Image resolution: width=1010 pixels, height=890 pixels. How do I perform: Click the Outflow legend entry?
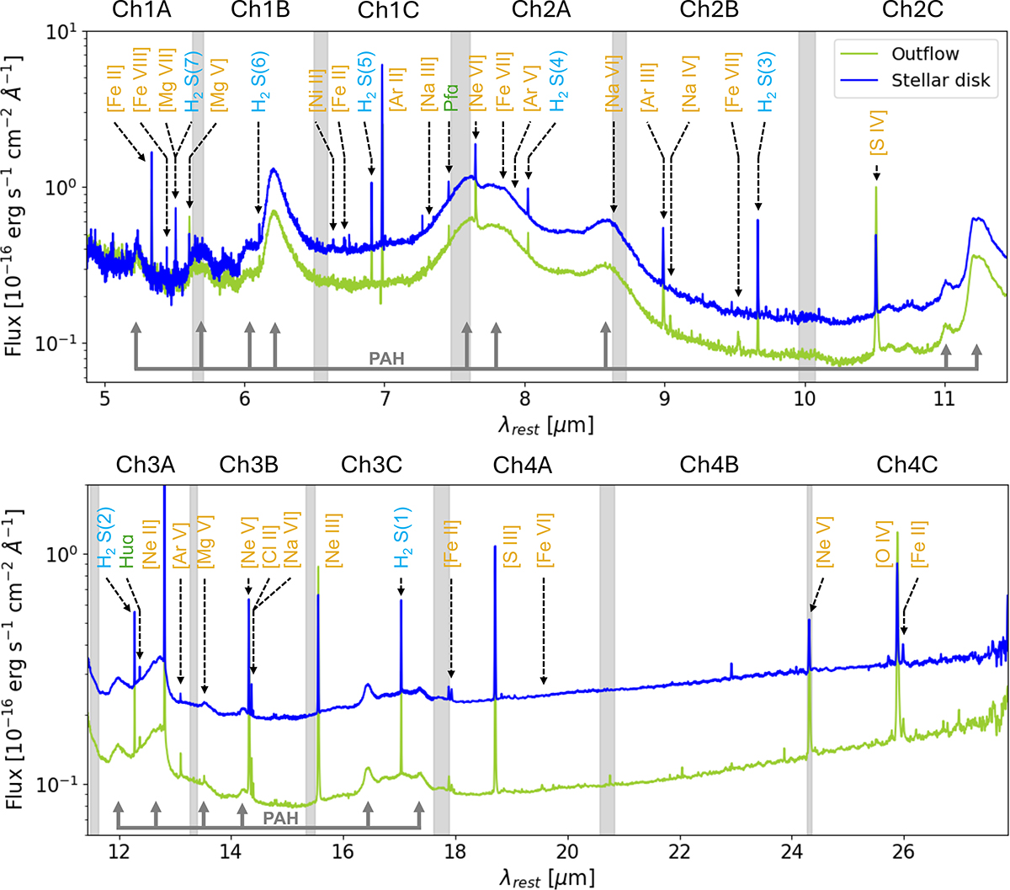click(x=925, y=54)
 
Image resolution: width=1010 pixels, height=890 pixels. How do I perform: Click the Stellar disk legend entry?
click(x=940, y=81)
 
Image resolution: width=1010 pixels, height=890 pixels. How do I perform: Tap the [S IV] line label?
click(x=877, y=134)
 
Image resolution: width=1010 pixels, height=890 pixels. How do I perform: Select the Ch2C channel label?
click(x=912, y=10)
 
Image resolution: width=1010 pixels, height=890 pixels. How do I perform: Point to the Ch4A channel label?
click(x=522, y=465)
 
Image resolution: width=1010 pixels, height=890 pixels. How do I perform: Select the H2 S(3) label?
click(x=766, y=82)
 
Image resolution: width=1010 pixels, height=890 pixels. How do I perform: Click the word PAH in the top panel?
click(x=386, y=360)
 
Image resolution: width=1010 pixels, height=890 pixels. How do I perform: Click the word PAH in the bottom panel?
click(x=280, y=818)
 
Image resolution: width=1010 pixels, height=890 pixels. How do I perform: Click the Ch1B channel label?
click(x=260, y=10)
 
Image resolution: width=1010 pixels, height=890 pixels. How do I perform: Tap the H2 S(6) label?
click(x=259, y=82)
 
